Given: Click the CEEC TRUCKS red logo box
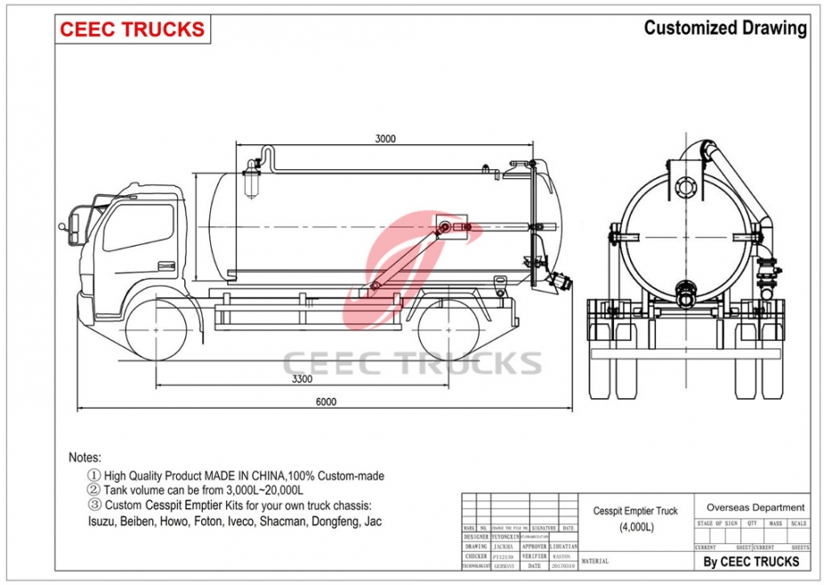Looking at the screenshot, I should (133, 29).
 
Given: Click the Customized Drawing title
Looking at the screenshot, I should (725, 28).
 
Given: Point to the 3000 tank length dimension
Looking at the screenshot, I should (385, 138).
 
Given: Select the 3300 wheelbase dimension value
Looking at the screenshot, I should (303, 379).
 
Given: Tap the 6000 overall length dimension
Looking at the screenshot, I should (326, 402).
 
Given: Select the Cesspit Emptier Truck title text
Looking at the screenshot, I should (635, 511).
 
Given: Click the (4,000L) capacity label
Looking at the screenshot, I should (636, 527).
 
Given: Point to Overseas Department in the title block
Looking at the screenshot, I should (755, 508).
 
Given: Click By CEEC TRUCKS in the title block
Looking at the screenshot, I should (752, 561).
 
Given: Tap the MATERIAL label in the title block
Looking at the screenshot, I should (595, 562).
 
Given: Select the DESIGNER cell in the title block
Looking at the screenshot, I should (476, 537).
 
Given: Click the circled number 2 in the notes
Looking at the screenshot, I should (93, 491).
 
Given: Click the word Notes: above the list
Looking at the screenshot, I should (85, 458).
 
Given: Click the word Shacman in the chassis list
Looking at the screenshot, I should (284, 521).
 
